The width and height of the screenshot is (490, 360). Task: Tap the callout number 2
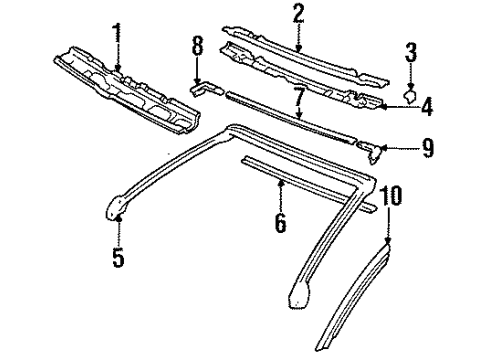point(298,13)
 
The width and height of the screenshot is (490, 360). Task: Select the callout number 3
point(411,53)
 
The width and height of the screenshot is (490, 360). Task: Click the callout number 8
point(197,46)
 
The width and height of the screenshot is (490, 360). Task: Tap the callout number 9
point(427,150)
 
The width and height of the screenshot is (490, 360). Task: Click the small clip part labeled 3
point(410,95)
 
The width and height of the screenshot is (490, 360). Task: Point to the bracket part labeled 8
point(203,89)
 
